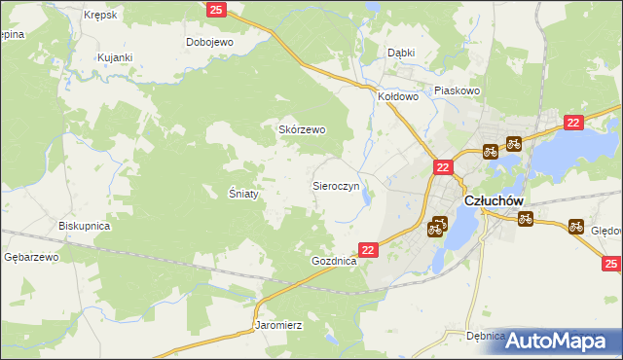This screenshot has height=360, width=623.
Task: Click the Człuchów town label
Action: pos(495,199)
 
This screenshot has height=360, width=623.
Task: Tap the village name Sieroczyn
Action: pos(337,184)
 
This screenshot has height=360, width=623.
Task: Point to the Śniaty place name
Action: pos(242,193)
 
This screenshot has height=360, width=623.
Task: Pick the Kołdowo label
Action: pos(398,97)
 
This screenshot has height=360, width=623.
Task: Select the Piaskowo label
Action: pos(458,90)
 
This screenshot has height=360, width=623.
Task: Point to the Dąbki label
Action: pos(401,53)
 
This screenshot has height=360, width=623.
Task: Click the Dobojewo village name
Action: pos(211,43)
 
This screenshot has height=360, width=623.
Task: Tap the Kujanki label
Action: pos(115,58)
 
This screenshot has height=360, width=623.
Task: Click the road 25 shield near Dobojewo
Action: pos(217,10)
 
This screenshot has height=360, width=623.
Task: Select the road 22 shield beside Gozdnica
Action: pos(368,250)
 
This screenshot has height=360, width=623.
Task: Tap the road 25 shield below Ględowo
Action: pos(611,264)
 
